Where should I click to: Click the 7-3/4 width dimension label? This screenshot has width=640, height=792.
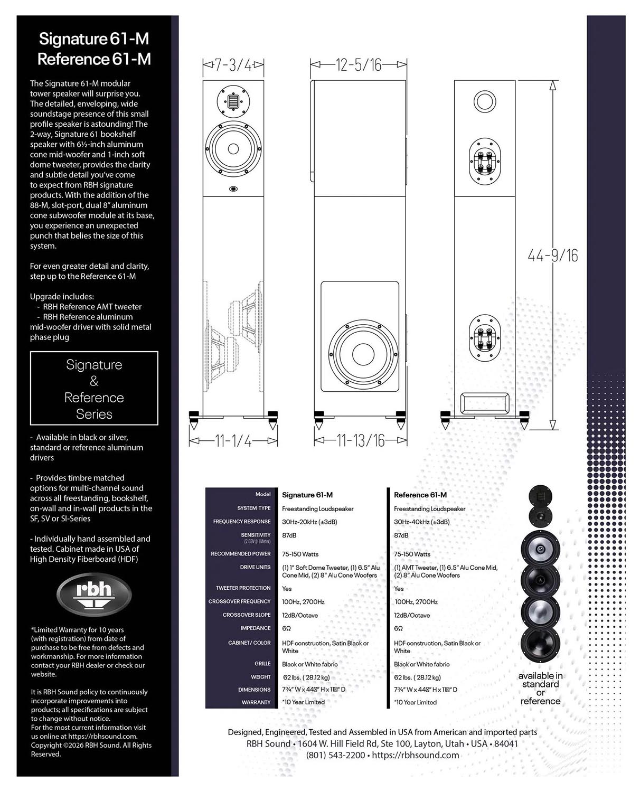233,65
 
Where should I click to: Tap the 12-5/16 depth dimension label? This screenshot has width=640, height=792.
358,65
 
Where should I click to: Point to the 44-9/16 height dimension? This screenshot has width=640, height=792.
553,256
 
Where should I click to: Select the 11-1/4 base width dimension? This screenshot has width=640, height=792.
233,441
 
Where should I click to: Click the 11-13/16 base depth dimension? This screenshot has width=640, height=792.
360,441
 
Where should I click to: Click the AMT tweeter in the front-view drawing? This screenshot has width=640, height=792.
233,101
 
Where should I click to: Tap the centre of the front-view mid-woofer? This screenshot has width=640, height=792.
233,149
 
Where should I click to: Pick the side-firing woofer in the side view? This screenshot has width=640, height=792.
363,354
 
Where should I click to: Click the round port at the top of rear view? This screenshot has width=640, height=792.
485,101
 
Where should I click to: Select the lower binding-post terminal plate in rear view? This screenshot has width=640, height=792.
485,337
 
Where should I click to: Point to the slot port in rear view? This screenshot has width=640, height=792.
485,403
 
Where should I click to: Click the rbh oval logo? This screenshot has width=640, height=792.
93,595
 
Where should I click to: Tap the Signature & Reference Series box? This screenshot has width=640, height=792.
94,388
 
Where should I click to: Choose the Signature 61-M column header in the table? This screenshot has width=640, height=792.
307,495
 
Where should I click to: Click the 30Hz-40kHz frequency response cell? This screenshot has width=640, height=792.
422,522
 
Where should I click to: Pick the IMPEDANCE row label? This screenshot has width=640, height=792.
256,628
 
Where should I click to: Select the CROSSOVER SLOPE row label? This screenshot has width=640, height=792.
247,615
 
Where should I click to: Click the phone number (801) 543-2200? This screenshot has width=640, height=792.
335,755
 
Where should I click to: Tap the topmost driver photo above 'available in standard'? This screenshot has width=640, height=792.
540,496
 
